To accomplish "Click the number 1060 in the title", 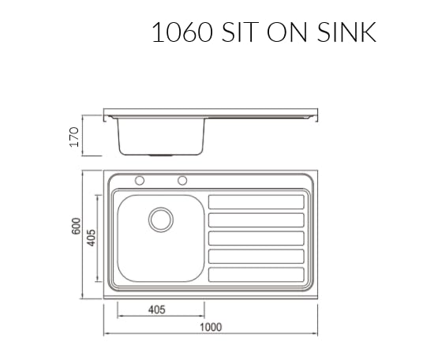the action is pyautogui.click(x=182, y=32).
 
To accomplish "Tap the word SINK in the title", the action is pyautogui.click(x=346, y=32).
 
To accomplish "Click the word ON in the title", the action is pyautogui.click(x=287, y=32).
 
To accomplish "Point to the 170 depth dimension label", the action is pyautogui.click(x=74, y=137).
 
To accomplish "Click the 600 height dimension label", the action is pyautogui.click(x=76, y=226).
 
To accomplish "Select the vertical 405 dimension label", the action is pyautogui.click(x=91, y=238).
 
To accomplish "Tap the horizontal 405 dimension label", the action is pyautogui.click(x=157, y=309).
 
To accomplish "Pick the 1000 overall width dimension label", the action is pyautogui.click(x=211, y=327).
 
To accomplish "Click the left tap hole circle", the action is pyautogui.click(x=140, y=181).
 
